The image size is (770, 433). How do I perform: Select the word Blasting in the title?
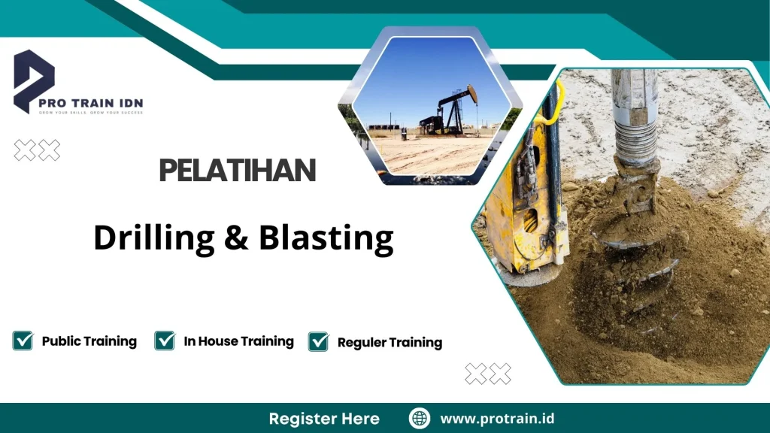[326, 238]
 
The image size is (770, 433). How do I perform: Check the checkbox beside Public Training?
[23, 341]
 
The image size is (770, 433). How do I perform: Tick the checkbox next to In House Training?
[165, 341]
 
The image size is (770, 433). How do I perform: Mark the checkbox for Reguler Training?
[319, 341]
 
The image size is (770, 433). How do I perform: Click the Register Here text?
[324, 419]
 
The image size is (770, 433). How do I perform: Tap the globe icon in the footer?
[420, 418]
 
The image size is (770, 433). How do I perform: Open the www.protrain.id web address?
[497, 419]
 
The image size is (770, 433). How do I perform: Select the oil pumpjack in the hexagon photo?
[452, 111]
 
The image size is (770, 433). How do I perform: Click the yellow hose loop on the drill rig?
[553, 105]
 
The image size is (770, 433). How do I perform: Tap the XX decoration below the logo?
[37, 151]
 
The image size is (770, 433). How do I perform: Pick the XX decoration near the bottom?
[488, 374]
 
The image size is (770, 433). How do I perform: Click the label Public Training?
[89, 341]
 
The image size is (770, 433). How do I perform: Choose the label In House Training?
[238, 341]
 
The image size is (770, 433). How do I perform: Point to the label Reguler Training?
[390, 343]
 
